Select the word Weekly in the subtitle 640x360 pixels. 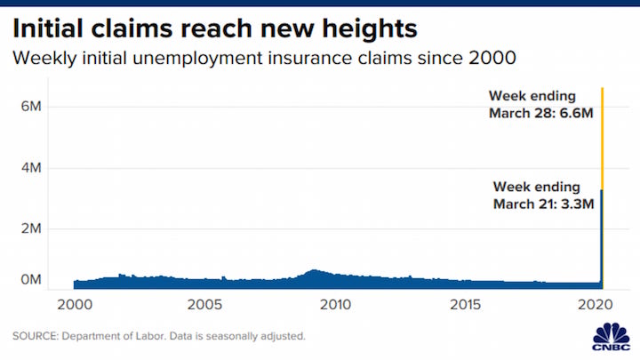click(x=43, y=60)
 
